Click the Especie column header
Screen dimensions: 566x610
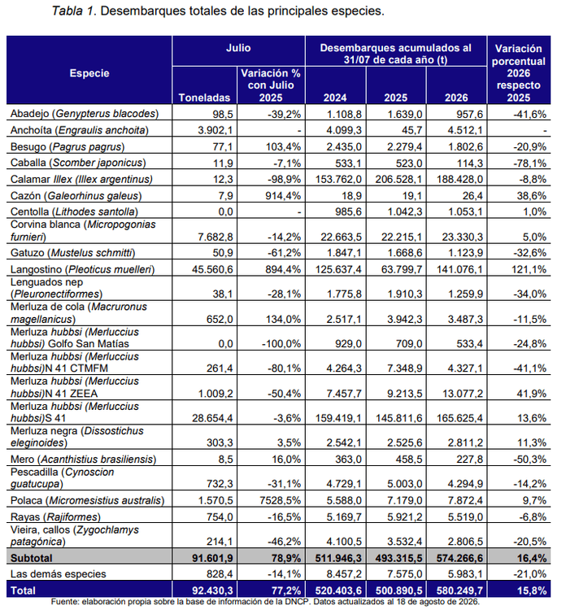[89, 73]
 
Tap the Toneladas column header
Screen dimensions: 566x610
[204, 98]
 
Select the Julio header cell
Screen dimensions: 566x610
[238, 48]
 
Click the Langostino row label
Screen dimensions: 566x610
[82, 269]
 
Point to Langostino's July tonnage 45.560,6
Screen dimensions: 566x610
[212, 269]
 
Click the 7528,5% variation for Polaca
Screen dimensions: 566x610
[280, 500]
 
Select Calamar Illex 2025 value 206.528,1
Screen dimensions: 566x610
[398, 180]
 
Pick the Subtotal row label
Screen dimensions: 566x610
[31, 558]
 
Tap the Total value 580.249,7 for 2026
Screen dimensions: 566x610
[459, 590]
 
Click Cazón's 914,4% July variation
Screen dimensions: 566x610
[283, 196]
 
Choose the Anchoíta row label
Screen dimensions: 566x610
[80, 130]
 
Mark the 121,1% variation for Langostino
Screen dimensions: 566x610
[529, 269]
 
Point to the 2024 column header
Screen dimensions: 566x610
[335, 98]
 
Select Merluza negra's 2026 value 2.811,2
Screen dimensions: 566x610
[465, 442]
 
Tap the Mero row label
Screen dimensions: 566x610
[83, 459]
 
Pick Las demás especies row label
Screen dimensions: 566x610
[59, 574]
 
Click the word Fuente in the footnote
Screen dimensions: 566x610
[65, 601]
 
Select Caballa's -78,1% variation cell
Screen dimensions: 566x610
[530, 163]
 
